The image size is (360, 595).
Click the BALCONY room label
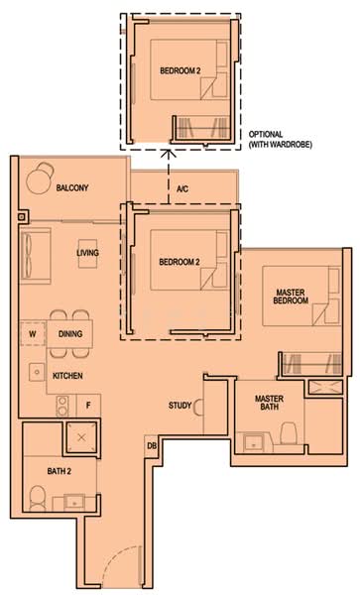pyautogui.click(x=72, y=187)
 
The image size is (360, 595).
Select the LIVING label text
pyautogui.click(x=88, y=253)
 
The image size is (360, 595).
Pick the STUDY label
pyautogui.click(x=180, y=405)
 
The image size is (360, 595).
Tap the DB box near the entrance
pyautogui.click(x=152, y=447)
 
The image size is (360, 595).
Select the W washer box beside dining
pyautogui.click(x=33, y=334)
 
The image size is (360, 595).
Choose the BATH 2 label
pyautogui.click(x=41, y=471)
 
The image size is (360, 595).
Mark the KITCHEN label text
pyautogui.click(x=67, y=376)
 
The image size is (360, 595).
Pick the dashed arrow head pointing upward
pyautogui.click(x=168, y=154)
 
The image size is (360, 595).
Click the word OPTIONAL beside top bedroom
pyautogui.click(x=267, y=134)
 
